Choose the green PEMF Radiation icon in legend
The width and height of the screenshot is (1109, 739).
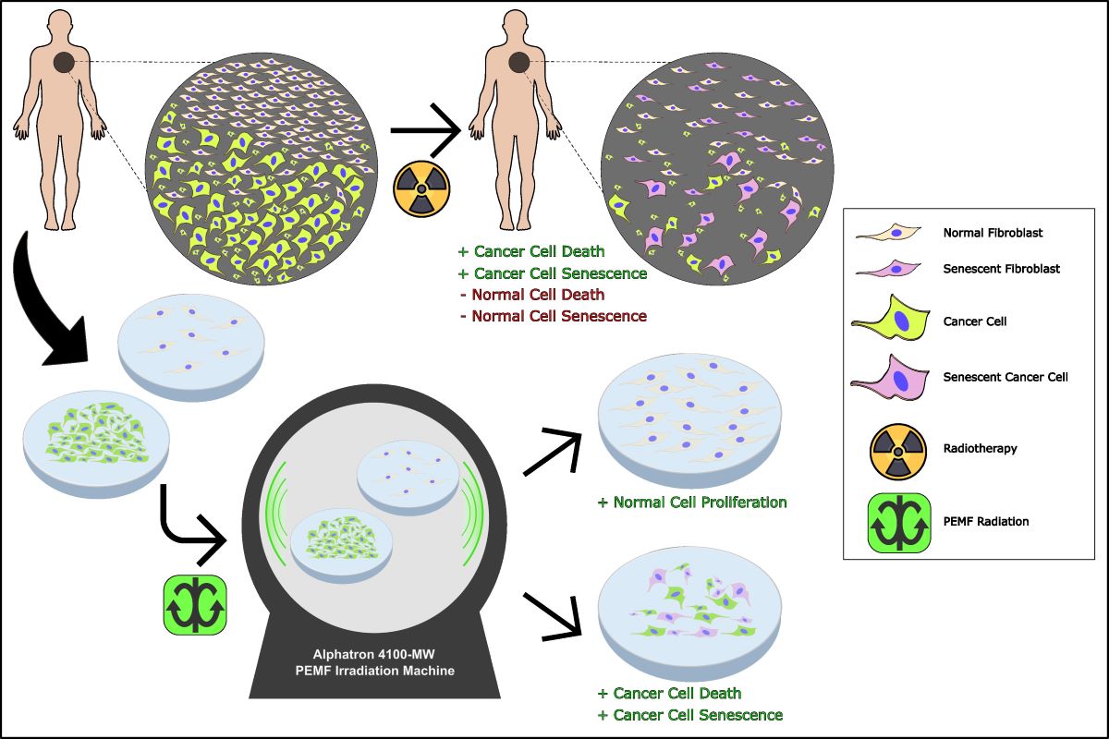click(894, 522)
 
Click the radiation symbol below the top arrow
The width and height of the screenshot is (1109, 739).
click(421, 188)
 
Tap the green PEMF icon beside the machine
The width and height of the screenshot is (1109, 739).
click(195, 604)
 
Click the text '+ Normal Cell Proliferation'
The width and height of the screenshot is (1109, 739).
click(692, 503)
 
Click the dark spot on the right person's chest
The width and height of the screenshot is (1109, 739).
click(519, 63)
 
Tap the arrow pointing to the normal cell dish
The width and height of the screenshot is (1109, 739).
click(555, 453)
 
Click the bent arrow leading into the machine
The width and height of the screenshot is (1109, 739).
click(189, 527)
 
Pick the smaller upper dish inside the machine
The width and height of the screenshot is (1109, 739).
click(408, 472)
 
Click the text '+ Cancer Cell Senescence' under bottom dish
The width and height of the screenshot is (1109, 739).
click(690, 715)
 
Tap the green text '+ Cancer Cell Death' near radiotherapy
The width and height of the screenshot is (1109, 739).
click(531, 251)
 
